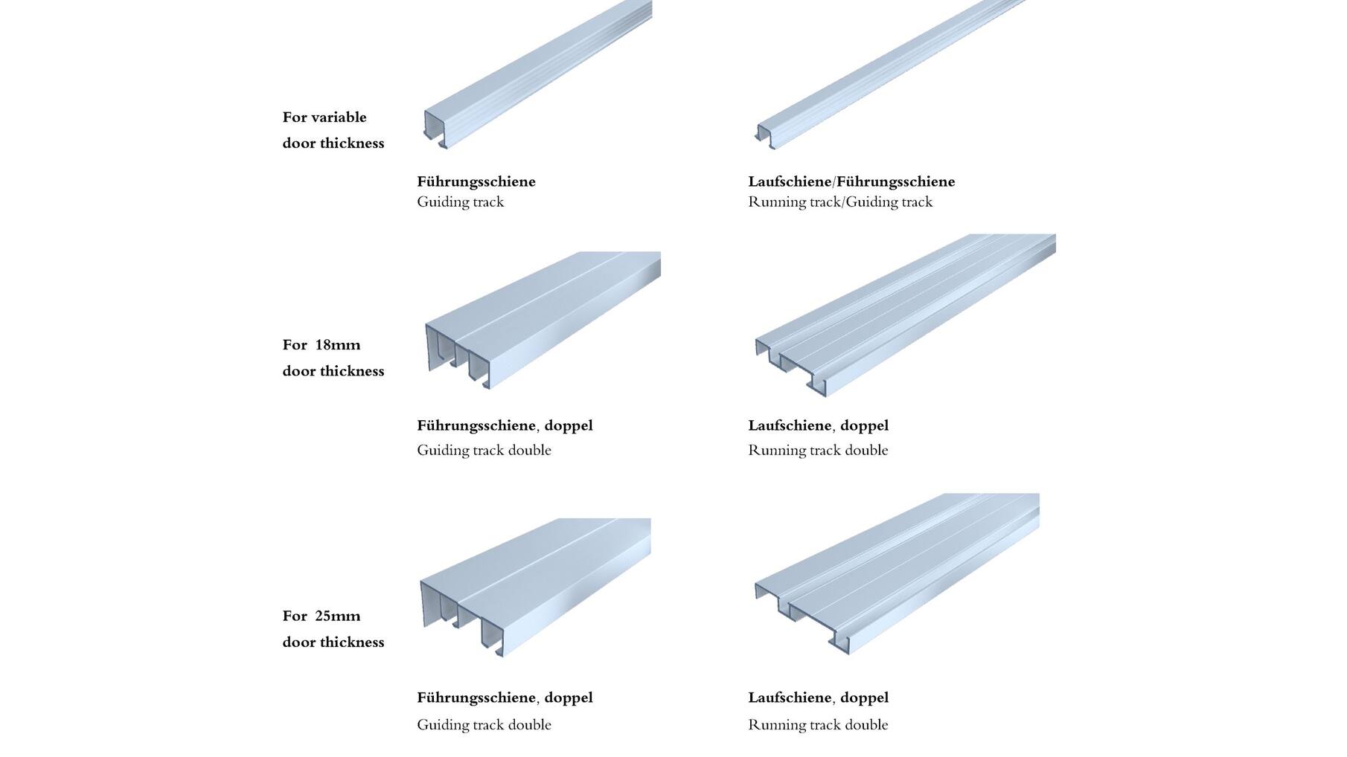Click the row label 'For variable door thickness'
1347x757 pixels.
point(333,130)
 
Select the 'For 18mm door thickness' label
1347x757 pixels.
point(333,358)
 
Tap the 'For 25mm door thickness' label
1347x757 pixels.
point(333,629)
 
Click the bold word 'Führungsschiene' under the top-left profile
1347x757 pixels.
point(476,181)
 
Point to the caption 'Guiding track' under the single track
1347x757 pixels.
point(461,202)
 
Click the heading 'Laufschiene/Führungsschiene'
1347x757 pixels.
point(851,181)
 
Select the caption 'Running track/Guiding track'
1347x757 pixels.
point(840,202)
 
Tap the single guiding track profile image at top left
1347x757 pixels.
point(537,74)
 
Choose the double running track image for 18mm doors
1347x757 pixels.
point(904,315)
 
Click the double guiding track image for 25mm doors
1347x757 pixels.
point(535,587)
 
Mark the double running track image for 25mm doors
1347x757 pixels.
point(897,574)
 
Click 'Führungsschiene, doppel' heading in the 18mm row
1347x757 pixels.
point(505,426)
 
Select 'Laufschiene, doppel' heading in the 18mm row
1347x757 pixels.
point(819,426)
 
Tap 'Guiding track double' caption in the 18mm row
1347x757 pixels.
point(484,450)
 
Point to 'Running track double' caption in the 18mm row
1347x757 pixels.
point(818,450)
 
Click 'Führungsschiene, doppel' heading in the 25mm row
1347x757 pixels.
point(505,698)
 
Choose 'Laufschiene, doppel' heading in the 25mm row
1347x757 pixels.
point(819,698)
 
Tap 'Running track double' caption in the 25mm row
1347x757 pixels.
point(818,724)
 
